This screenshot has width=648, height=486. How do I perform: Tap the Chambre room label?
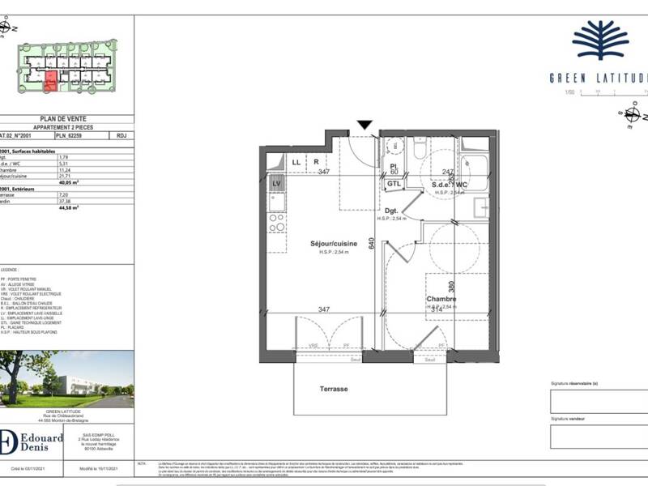442,299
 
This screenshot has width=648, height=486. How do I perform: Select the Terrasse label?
332,389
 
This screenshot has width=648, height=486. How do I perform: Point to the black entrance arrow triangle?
365,125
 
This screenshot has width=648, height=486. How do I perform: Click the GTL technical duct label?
394,184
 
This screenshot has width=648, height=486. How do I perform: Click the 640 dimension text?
372,243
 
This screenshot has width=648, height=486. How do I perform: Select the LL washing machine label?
296,162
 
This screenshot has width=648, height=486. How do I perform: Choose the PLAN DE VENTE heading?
63,118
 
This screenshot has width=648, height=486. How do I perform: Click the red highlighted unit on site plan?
50,79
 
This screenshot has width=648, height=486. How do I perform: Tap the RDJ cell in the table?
122,137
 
